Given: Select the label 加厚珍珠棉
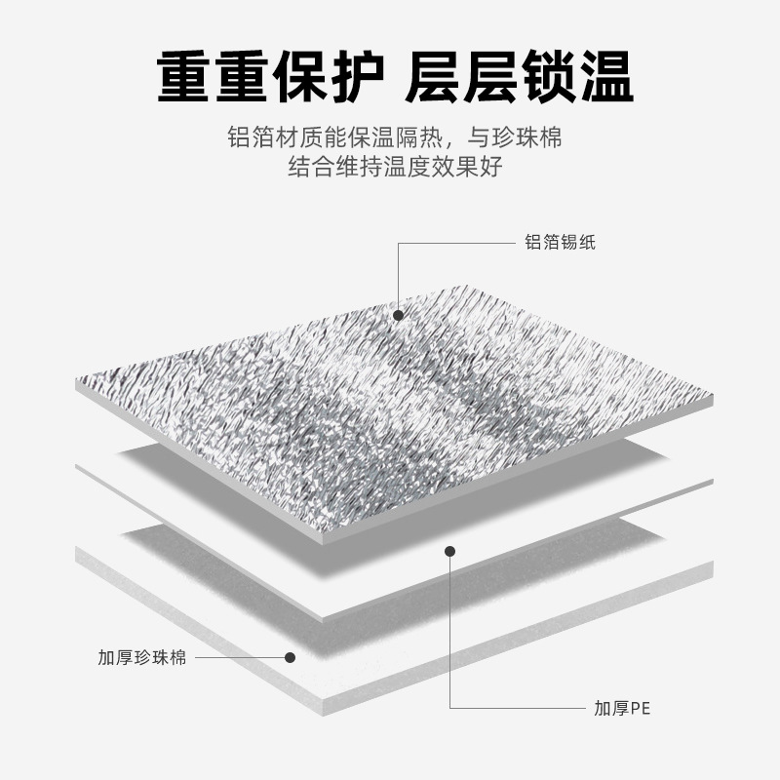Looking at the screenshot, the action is point(141,657).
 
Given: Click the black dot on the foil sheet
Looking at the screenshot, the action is point(398,314).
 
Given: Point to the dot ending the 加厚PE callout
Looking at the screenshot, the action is point(450,551).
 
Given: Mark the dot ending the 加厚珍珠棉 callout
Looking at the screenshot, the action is point(290,657).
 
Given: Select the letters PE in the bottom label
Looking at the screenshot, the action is point(639,709).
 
